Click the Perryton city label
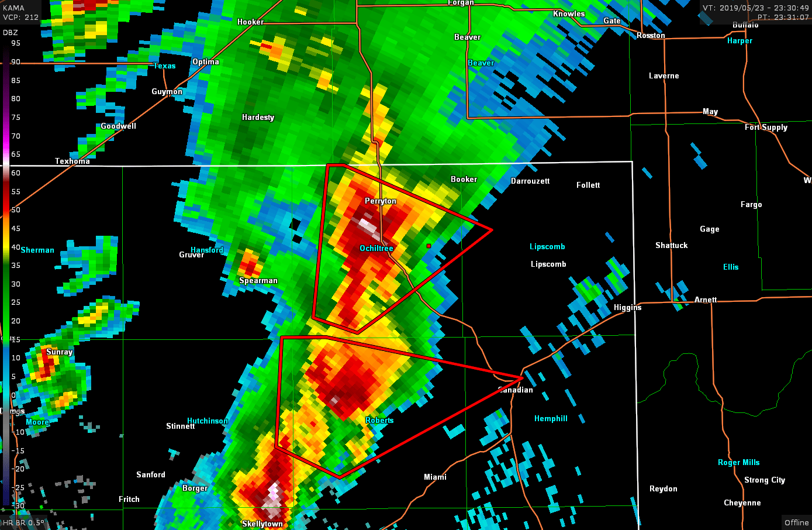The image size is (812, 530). tap(381, 201)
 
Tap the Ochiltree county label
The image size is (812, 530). tap(376, 249)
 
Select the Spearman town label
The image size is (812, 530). tap(258, 281)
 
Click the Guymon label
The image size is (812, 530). tap(167, 92)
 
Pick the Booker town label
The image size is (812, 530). tap(464, 180)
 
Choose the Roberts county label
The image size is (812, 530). tap(379, 421)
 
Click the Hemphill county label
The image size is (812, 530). tap(551, 419)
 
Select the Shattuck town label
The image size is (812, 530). tap(671, 246)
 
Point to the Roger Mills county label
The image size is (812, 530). tap(738, 463)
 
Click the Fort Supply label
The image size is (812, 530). tap(766, 128)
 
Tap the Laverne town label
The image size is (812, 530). tap(664, 76)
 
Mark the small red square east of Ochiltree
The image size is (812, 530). tap(429, 246)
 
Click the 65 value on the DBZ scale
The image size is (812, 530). tap(16, 154)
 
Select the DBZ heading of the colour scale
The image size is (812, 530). tap(11, 33)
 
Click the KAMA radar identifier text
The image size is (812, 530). tap(14, 8)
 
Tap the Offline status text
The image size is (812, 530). tap(796, 523)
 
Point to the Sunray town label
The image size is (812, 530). tap(60, 352)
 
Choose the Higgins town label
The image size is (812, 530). tap(627, 308)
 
